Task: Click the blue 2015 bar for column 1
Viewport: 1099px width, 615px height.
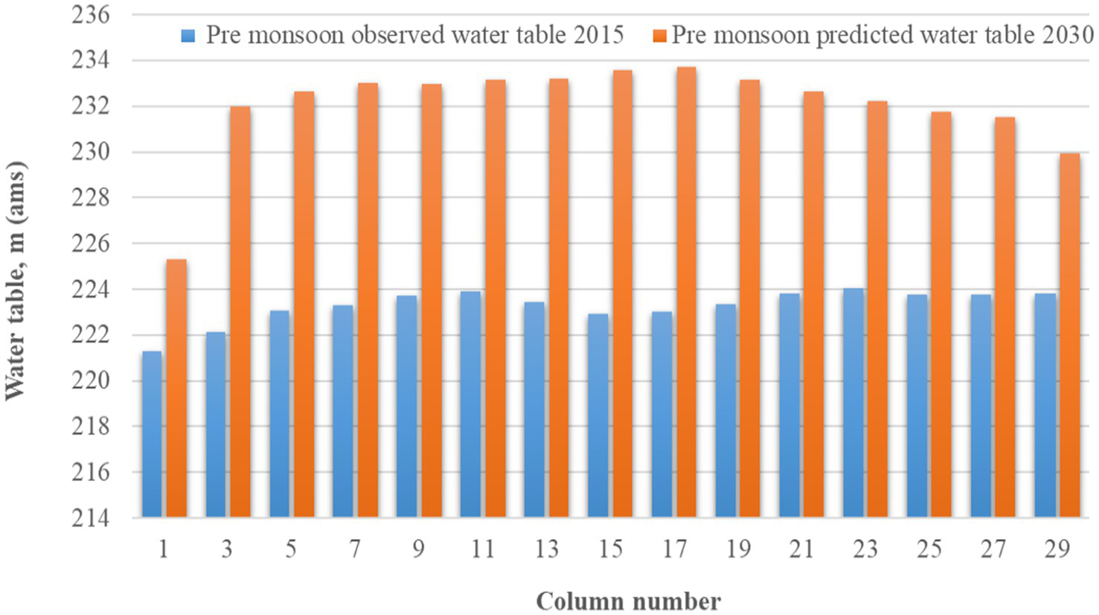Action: coord(152,434)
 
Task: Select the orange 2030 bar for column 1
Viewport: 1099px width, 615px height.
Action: coord(176,388)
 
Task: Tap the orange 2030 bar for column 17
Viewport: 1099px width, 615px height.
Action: coord(686,292)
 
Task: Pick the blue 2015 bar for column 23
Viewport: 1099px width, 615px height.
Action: coord(853,403)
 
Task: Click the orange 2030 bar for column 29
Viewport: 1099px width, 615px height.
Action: coord(1069,335)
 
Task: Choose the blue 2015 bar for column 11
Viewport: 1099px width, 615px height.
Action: coord(470,404)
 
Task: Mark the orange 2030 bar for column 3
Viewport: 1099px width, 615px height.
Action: coord(240,311)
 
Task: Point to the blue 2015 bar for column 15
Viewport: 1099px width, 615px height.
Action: coord(597,415)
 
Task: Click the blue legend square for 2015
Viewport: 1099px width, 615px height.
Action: coord(188,36)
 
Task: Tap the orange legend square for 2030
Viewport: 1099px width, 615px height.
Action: coord(659,36)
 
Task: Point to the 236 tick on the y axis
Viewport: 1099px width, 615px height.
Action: coord(90,15)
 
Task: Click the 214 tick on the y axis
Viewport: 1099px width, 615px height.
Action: coord(90,518)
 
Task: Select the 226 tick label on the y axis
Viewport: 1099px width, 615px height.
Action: coord(90,244)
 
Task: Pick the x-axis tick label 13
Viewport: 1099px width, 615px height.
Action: coord(546,549)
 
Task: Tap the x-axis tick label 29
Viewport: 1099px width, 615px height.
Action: coord(1057,549)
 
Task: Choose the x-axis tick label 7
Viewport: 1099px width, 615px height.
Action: coord(355,549)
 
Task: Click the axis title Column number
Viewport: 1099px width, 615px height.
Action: coord(628,601)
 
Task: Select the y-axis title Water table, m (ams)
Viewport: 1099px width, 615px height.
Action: coord(16,281)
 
